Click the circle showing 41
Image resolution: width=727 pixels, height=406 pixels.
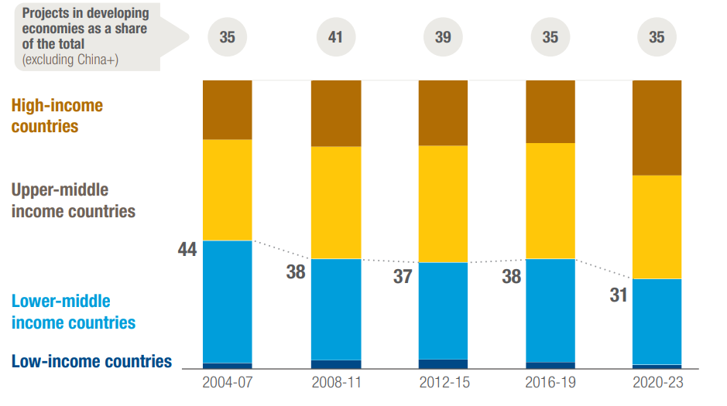point(335,37)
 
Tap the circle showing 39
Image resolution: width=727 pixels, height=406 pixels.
point(443,37)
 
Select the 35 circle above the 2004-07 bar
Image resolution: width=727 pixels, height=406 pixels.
point(227,37)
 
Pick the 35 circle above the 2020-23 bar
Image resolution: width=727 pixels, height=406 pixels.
point(657,37)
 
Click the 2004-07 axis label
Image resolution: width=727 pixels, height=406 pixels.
point(227,382)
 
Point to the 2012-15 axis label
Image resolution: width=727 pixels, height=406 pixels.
point(443,382)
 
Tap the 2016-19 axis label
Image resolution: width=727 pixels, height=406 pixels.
point(550,382)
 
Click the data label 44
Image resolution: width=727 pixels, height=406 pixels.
point(187,250)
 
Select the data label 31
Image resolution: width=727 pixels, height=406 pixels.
point(618,295)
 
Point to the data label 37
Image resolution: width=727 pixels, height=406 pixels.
point(402,276)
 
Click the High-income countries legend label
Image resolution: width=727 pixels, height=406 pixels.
point(57,115)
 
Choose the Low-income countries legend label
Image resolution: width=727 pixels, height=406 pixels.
point(91,361)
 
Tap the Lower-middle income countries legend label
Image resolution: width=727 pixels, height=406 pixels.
point(73,312)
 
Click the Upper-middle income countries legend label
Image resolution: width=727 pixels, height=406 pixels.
point(73,200)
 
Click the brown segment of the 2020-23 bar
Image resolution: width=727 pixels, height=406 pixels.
point(657,128)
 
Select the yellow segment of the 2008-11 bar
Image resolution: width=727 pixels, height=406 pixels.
point(335,203)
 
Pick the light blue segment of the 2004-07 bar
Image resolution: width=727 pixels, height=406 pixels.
point(227,302)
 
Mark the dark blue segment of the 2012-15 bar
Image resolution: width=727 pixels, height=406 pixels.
point(443,363)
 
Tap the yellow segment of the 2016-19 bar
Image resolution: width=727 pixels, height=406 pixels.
point(550,201)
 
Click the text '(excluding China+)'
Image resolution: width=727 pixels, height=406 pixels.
point(70,59)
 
